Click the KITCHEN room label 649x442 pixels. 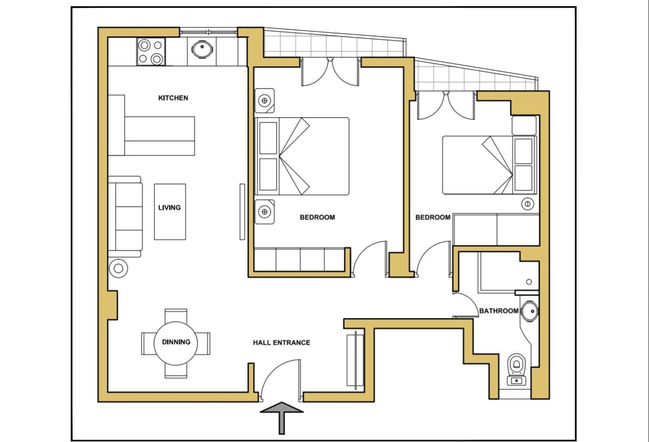[173, 98]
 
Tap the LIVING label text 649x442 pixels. [169, 207]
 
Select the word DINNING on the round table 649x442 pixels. [176, 342]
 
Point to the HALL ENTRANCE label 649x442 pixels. [281, 343]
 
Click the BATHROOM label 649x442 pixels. [499, 311]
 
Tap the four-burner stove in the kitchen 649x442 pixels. [151, 52]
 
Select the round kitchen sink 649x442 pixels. [202, 49]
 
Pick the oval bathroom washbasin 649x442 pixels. [529, 311]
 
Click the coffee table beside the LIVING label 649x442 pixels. [170, 212]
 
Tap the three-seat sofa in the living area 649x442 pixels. [125, 216]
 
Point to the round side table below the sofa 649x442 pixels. [118, 268]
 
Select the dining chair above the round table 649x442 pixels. [176, 316]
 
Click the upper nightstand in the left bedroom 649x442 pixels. [264, 101]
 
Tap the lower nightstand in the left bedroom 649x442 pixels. [264, 212]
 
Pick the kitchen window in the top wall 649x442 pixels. [208, 32]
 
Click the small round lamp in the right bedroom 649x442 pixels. [528, 204]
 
